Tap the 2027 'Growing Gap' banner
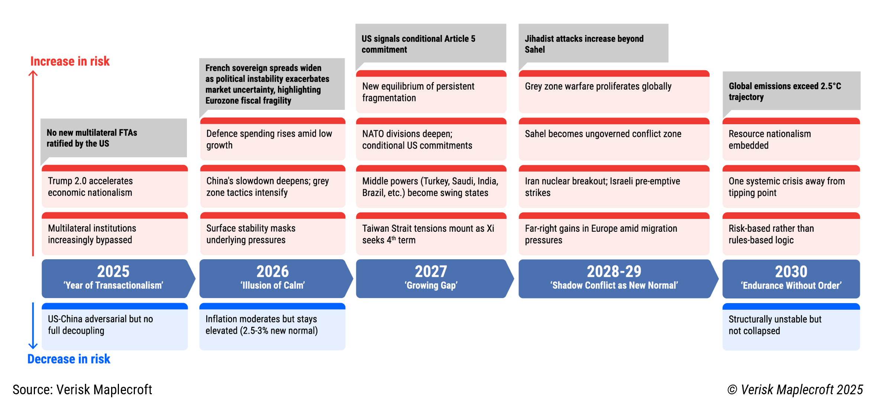[431, 278]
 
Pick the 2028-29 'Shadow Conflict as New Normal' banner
[614, 278]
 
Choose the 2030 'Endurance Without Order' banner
[791, 278]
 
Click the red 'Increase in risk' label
[70, 61]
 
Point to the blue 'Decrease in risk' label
[69, 359]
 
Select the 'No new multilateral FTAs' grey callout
[114, 138]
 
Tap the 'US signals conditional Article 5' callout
[431, 44]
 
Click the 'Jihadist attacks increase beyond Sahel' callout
[593, 44]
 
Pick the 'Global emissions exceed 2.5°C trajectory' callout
[791, 91]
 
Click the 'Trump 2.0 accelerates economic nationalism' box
[114, 187]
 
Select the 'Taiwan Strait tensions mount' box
[431, 234]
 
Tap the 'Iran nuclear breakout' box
[614, 187]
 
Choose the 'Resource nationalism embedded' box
[791, 139]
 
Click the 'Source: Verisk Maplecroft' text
[83, 389]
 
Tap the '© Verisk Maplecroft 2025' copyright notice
[795, 389]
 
